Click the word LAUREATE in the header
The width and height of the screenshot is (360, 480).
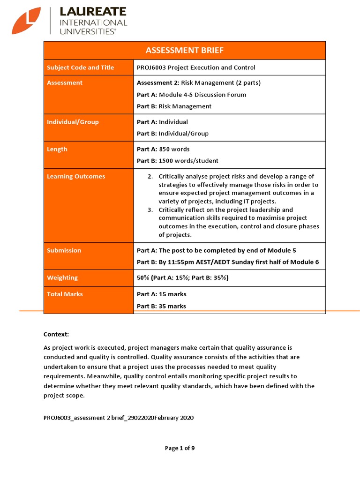point(92,12)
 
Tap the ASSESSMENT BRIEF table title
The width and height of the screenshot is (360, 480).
point(185,51)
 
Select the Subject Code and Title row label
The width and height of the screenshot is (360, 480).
point(80,67)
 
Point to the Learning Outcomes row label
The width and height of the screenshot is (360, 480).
point(76,177)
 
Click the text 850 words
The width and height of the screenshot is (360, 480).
point(174,150)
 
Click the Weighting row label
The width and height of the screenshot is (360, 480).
point(62,278)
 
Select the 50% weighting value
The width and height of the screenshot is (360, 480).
point(142,278)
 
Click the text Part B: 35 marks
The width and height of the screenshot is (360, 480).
point(161,306)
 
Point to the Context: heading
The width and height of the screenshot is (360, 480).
point(56,334)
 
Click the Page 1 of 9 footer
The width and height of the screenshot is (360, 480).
point(180,448)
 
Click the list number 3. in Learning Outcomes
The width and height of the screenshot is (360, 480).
point(150,210)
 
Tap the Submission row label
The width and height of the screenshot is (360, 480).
point(64,250)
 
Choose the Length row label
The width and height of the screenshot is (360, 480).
point(57,150)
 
